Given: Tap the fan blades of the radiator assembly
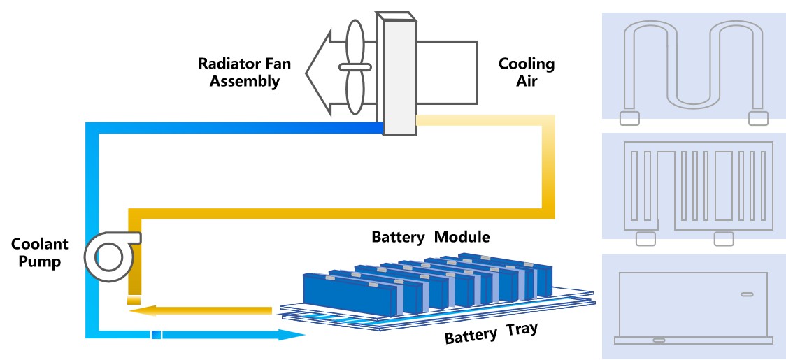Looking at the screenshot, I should (x=355, y=67).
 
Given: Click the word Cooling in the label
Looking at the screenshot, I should (x=526, y=64).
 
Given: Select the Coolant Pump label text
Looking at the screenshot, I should (x=40, y=252).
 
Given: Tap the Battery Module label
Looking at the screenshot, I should (x=430, y=237).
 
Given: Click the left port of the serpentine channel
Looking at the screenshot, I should (x=629, y=118).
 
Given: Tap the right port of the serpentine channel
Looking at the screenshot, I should (x=758, y=118).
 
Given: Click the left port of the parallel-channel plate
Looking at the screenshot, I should (x=645, y=239).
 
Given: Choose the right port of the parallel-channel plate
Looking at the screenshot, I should (x=723, y=239).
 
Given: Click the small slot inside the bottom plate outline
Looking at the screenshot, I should (x=748, y=294).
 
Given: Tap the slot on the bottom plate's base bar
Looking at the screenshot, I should (x=659, y=340).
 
